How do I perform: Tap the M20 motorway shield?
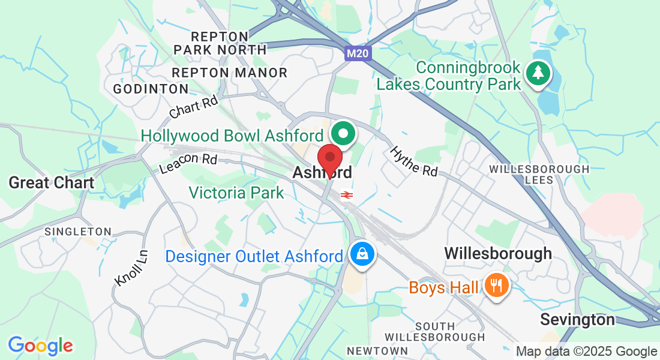(359, 54)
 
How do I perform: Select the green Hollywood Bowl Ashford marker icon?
(344, 133)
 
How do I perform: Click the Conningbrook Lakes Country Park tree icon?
(538, 74)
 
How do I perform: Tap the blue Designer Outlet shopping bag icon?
(363, 254)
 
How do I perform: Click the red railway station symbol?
(346, 194)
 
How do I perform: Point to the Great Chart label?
(52, 183)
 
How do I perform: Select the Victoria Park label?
(236, 193)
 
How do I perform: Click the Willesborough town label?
(497, 253)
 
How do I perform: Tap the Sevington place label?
(577, 319)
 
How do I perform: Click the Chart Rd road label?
(193, 107)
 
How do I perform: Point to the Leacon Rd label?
(188, 163)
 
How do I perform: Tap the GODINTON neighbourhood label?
(151, 89)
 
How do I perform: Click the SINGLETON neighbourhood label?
(78, 232)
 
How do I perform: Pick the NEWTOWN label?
(377, 350)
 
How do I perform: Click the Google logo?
(40, 346)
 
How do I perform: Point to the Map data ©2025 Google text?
(586, 352)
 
